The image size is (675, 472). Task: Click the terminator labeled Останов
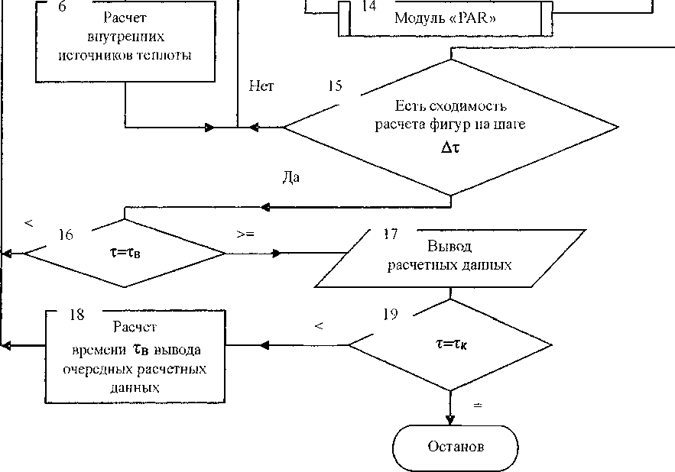pos(456,446)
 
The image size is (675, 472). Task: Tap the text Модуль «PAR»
pos(446,18)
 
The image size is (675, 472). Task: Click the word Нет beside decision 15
pos(261,86)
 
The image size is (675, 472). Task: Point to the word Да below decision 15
pos(290,177)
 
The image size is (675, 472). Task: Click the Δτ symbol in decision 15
pos(449,149)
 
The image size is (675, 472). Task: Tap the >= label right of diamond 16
pos(245,234)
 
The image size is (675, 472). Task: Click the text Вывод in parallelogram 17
pos(449,247)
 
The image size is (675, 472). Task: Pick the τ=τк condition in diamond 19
pos(449,344)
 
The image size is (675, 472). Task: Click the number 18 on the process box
pos(76,314)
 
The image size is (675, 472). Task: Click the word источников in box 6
pos(84,55)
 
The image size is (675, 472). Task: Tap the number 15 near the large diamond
pos(334,86)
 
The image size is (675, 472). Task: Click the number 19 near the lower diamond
pos(389,314)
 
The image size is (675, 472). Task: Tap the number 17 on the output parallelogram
pos(390,234)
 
